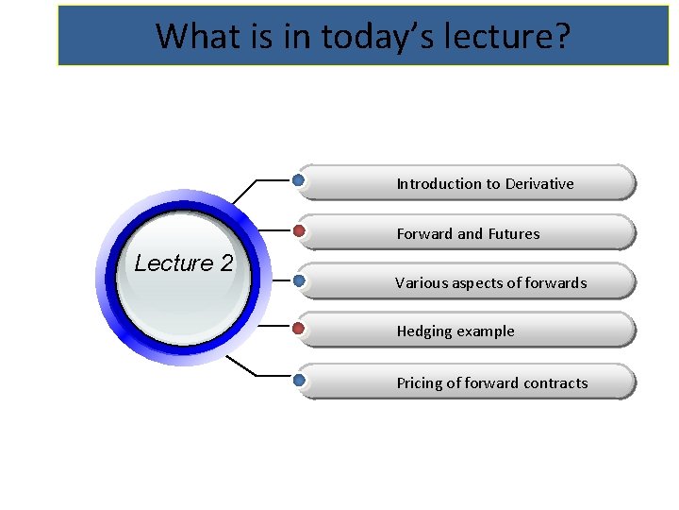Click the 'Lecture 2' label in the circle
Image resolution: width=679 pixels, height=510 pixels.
(183, 263)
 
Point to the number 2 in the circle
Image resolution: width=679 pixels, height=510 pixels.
(225, 263)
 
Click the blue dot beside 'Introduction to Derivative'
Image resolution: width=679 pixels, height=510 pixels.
(299, 179)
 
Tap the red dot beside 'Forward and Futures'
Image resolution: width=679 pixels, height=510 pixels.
(299, 230)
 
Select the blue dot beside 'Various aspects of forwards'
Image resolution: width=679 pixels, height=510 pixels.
(299, 280)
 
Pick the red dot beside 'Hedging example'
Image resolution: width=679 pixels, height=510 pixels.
(299, 329)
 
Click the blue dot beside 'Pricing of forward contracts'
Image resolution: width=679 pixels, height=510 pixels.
(299, 380)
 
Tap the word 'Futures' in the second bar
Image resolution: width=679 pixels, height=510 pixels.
(514, 234)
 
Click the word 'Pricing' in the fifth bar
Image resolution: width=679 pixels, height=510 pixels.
(419, 383)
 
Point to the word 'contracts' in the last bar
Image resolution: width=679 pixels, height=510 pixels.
(555, 383)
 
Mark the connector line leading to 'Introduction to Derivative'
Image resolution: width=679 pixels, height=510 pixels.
(247, 191)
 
